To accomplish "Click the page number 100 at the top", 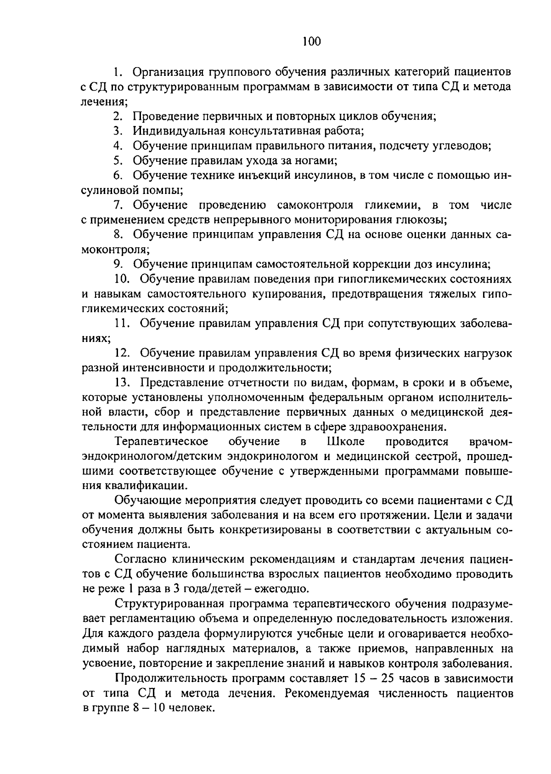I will [312, 42].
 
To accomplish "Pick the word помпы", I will [164, 190].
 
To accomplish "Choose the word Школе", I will [345, 442].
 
